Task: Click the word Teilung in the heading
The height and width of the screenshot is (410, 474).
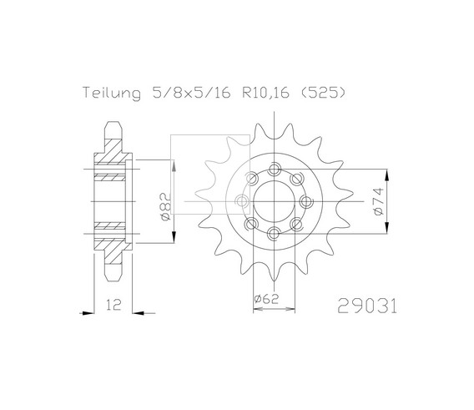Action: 112,94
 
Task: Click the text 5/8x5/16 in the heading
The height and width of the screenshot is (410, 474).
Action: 192,93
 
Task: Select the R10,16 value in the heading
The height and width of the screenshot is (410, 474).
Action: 266,93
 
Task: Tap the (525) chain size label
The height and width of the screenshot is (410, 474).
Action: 323,93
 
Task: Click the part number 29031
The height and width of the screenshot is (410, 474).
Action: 366,306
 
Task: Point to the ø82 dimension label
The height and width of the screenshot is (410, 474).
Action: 165,206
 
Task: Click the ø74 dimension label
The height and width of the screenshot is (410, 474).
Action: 378,201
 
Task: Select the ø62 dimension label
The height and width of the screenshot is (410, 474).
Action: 266,299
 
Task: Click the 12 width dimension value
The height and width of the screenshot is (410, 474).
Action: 113,305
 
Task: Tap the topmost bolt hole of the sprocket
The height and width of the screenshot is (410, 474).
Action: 274,169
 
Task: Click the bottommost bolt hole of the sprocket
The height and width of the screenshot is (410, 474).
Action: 274,234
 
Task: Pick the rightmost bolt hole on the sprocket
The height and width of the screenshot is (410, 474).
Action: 306,201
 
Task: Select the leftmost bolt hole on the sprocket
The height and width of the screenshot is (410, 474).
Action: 241,201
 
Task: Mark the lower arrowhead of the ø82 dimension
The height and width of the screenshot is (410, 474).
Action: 174,237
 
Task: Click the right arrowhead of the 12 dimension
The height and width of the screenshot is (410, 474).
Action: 139,313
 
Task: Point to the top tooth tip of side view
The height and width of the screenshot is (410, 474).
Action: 113,122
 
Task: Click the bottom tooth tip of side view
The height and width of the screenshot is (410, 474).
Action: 113,281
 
